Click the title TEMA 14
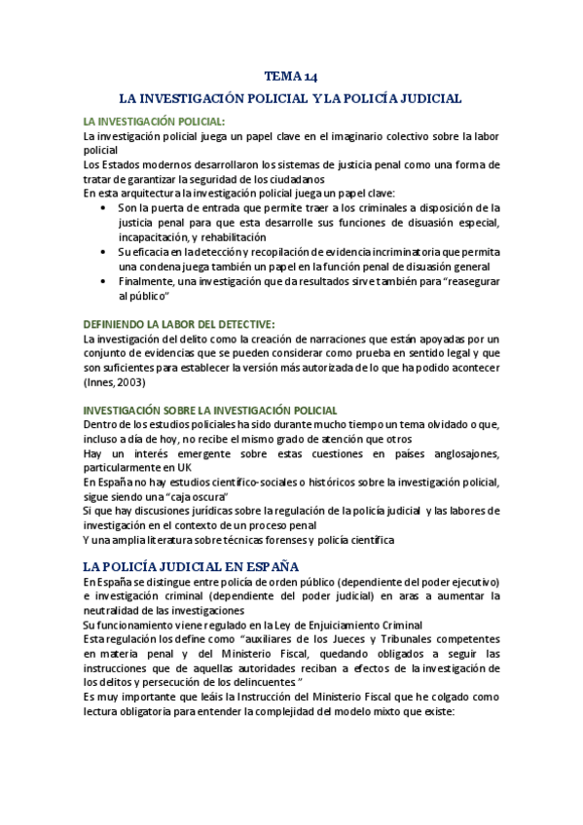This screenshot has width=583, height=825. click(x=291, y=77)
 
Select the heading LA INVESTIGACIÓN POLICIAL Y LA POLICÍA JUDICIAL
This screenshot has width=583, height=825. click(x=290, y=98)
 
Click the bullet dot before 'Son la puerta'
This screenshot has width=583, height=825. click(x=105, y=208)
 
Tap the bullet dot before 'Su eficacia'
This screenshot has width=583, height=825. click(x=105, y=252)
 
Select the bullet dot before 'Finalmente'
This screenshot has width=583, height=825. click(x=105, y=281)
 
